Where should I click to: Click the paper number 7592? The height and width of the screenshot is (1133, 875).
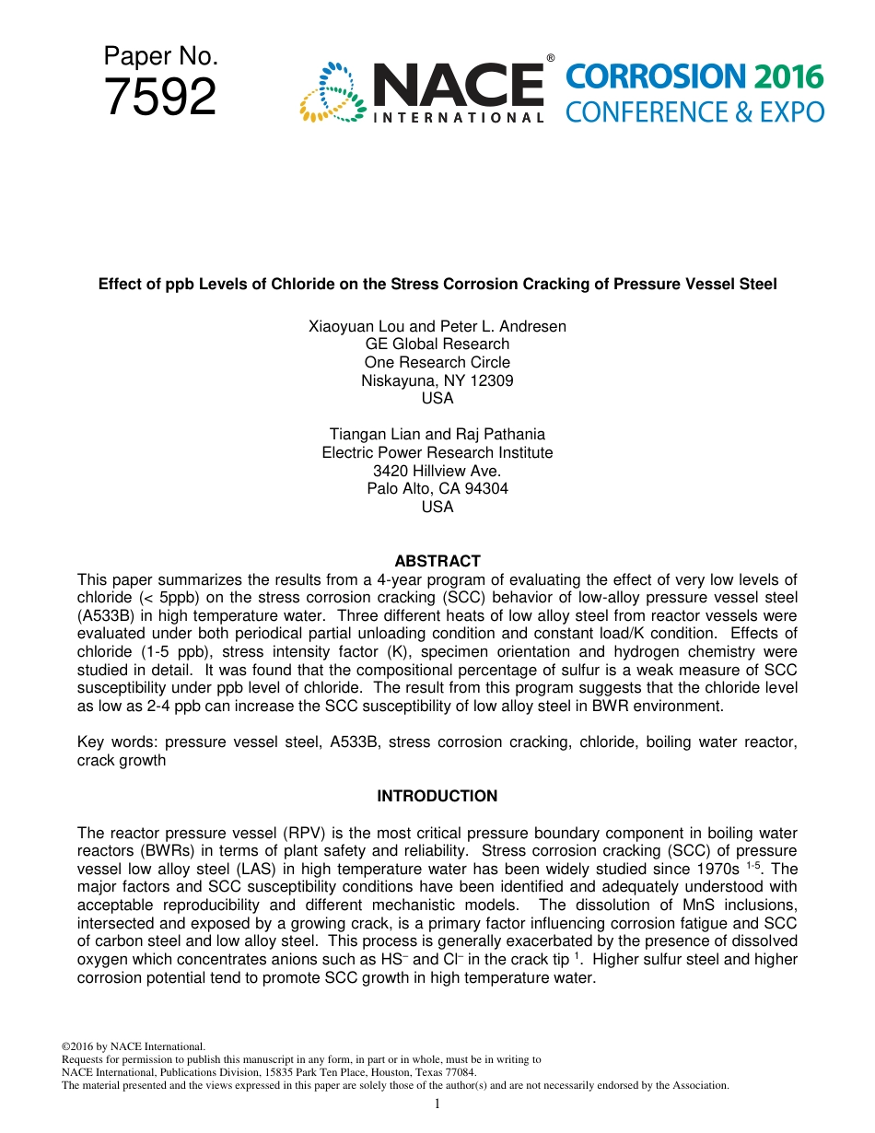click(x=160, y=98)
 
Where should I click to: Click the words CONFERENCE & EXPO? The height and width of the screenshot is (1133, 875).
click(x=694, y=112)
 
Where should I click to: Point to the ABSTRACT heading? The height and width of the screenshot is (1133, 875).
click(x=437, y=561)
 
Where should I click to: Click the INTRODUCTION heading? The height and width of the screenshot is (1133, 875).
click(x=437, y=796)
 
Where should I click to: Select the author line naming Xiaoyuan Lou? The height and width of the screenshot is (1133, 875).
click(x=437, y=326)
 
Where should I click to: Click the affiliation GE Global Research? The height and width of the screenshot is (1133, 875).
click(x=437, y=345)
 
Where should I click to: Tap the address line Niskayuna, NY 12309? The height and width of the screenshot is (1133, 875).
click(x=437, y=380)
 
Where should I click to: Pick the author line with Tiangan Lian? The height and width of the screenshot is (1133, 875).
click(x=437, y=434)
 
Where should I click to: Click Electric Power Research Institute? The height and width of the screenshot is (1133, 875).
click(x=437, y=452)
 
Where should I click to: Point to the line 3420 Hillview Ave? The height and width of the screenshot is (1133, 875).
click(x=437, y=471)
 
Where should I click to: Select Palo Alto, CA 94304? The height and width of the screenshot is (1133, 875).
click(x=437, y=488)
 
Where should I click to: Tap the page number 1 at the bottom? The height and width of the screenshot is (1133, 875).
click(x=437, y=1104)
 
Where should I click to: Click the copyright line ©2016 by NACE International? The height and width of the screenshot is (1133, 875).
click(x=133, y=1046)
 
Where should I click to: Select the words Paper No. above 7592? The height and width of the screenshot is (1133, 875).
click(x=160, y=57)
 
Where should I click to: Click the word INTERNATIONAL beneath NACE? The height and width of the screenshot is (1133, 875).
click(x=458, y=117)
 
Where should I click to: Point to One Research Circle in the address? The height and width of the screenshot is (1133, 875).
click(x=437, y=362)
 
